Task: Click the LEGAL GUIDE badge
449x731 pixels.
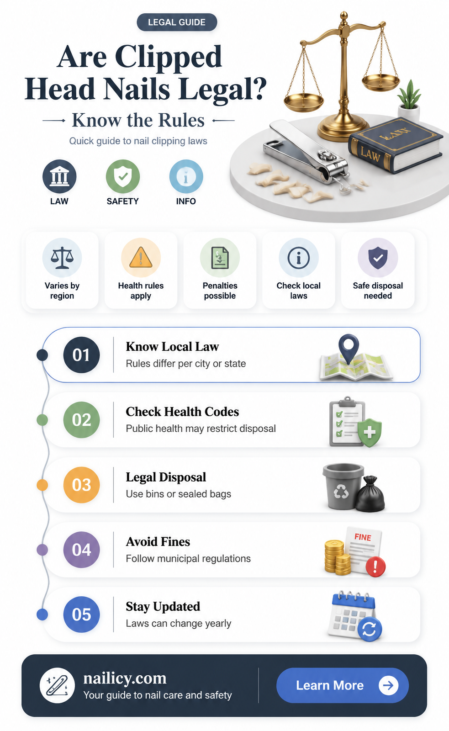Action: pyautogui.click(x=177, y=22)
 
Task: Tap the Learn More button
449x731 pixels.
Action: pyautogui.click(x=342, y=685)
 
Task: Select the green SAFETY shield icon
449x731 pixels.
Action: pyautogui.click(x=123, y=176)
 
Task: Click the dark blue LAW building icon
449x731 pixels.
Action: pyautogui.click(x=59, y=176)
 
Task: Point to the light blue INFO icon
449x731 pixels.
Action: pyautogui.click(x=186, y=176)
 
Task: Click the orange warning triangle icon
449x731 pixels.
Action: pyautogui.click(x=141, y=258)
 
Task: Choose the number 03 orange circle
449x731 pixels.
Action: pyautogui.click(x=82, y=485)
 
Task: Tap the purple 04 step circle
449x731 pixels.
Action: pyautogui.click(x=82, y=550)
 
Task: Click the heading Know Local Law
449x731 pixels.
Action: pyautogui.click(x=172, y=347)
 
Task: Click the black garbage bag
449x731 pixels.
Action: pyautogui.click(x=370, y=495)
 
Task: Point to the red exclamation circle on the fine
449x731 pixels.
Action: pyautogui.click(x=375, y=567)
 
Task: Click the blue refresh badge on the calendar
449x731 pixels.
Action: pyautogui.click(x=370, y=629)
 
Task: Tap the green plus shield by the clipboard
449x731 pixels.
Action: pyautogui.click(x=370, y=433)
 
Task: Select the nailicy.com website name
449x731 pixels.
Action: pyautogui.click(x=125, y=678)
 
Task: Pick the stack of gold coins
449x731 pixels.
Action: pyautogui.click(x=337, y=557)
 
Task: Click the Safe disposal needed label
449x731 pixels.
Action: pyautogui.click(x=378, y=291)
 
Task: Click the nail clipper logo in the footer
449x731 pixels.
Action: pyautogui.click(x=57, y=685)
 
